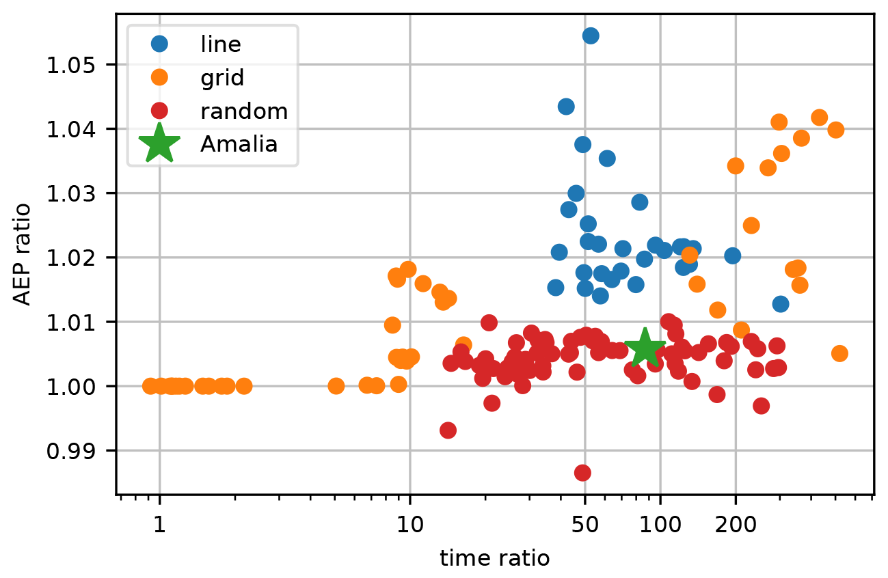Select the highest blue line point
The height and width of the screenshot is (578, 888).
click(591, 36)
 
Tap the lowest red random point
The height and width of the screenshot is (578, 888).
click(582, 473)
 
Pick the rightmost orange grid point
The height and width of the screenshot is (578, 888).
click(839, 353)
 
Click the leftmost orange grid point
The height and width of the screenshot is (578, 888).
click(150, 386)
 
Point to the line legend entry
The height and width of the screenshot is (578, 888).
click(220, 44)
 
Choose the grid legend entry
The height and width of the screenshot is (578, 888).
click(221, 77)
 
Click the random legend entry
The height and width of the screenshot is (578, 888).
click(243, 111)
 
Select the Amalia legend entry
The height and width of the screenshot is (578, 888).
click(239, 144)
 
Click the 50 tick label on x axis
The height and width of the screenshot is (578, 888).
click(584, 528)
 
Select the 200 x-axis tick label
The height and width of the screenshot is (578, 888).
click(736, 528)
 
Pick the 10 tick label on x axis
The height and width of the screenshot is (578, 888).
click(410, 528)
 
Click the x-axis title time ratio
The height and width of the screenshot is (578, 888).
click(494, 559)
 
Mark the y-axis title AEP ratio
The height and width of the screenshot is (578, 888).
click(23, 254)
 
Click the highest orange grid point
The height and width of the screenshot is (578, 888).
click(819, 118)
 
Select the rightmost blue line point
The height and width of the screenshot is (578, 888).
click(781, 304)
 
